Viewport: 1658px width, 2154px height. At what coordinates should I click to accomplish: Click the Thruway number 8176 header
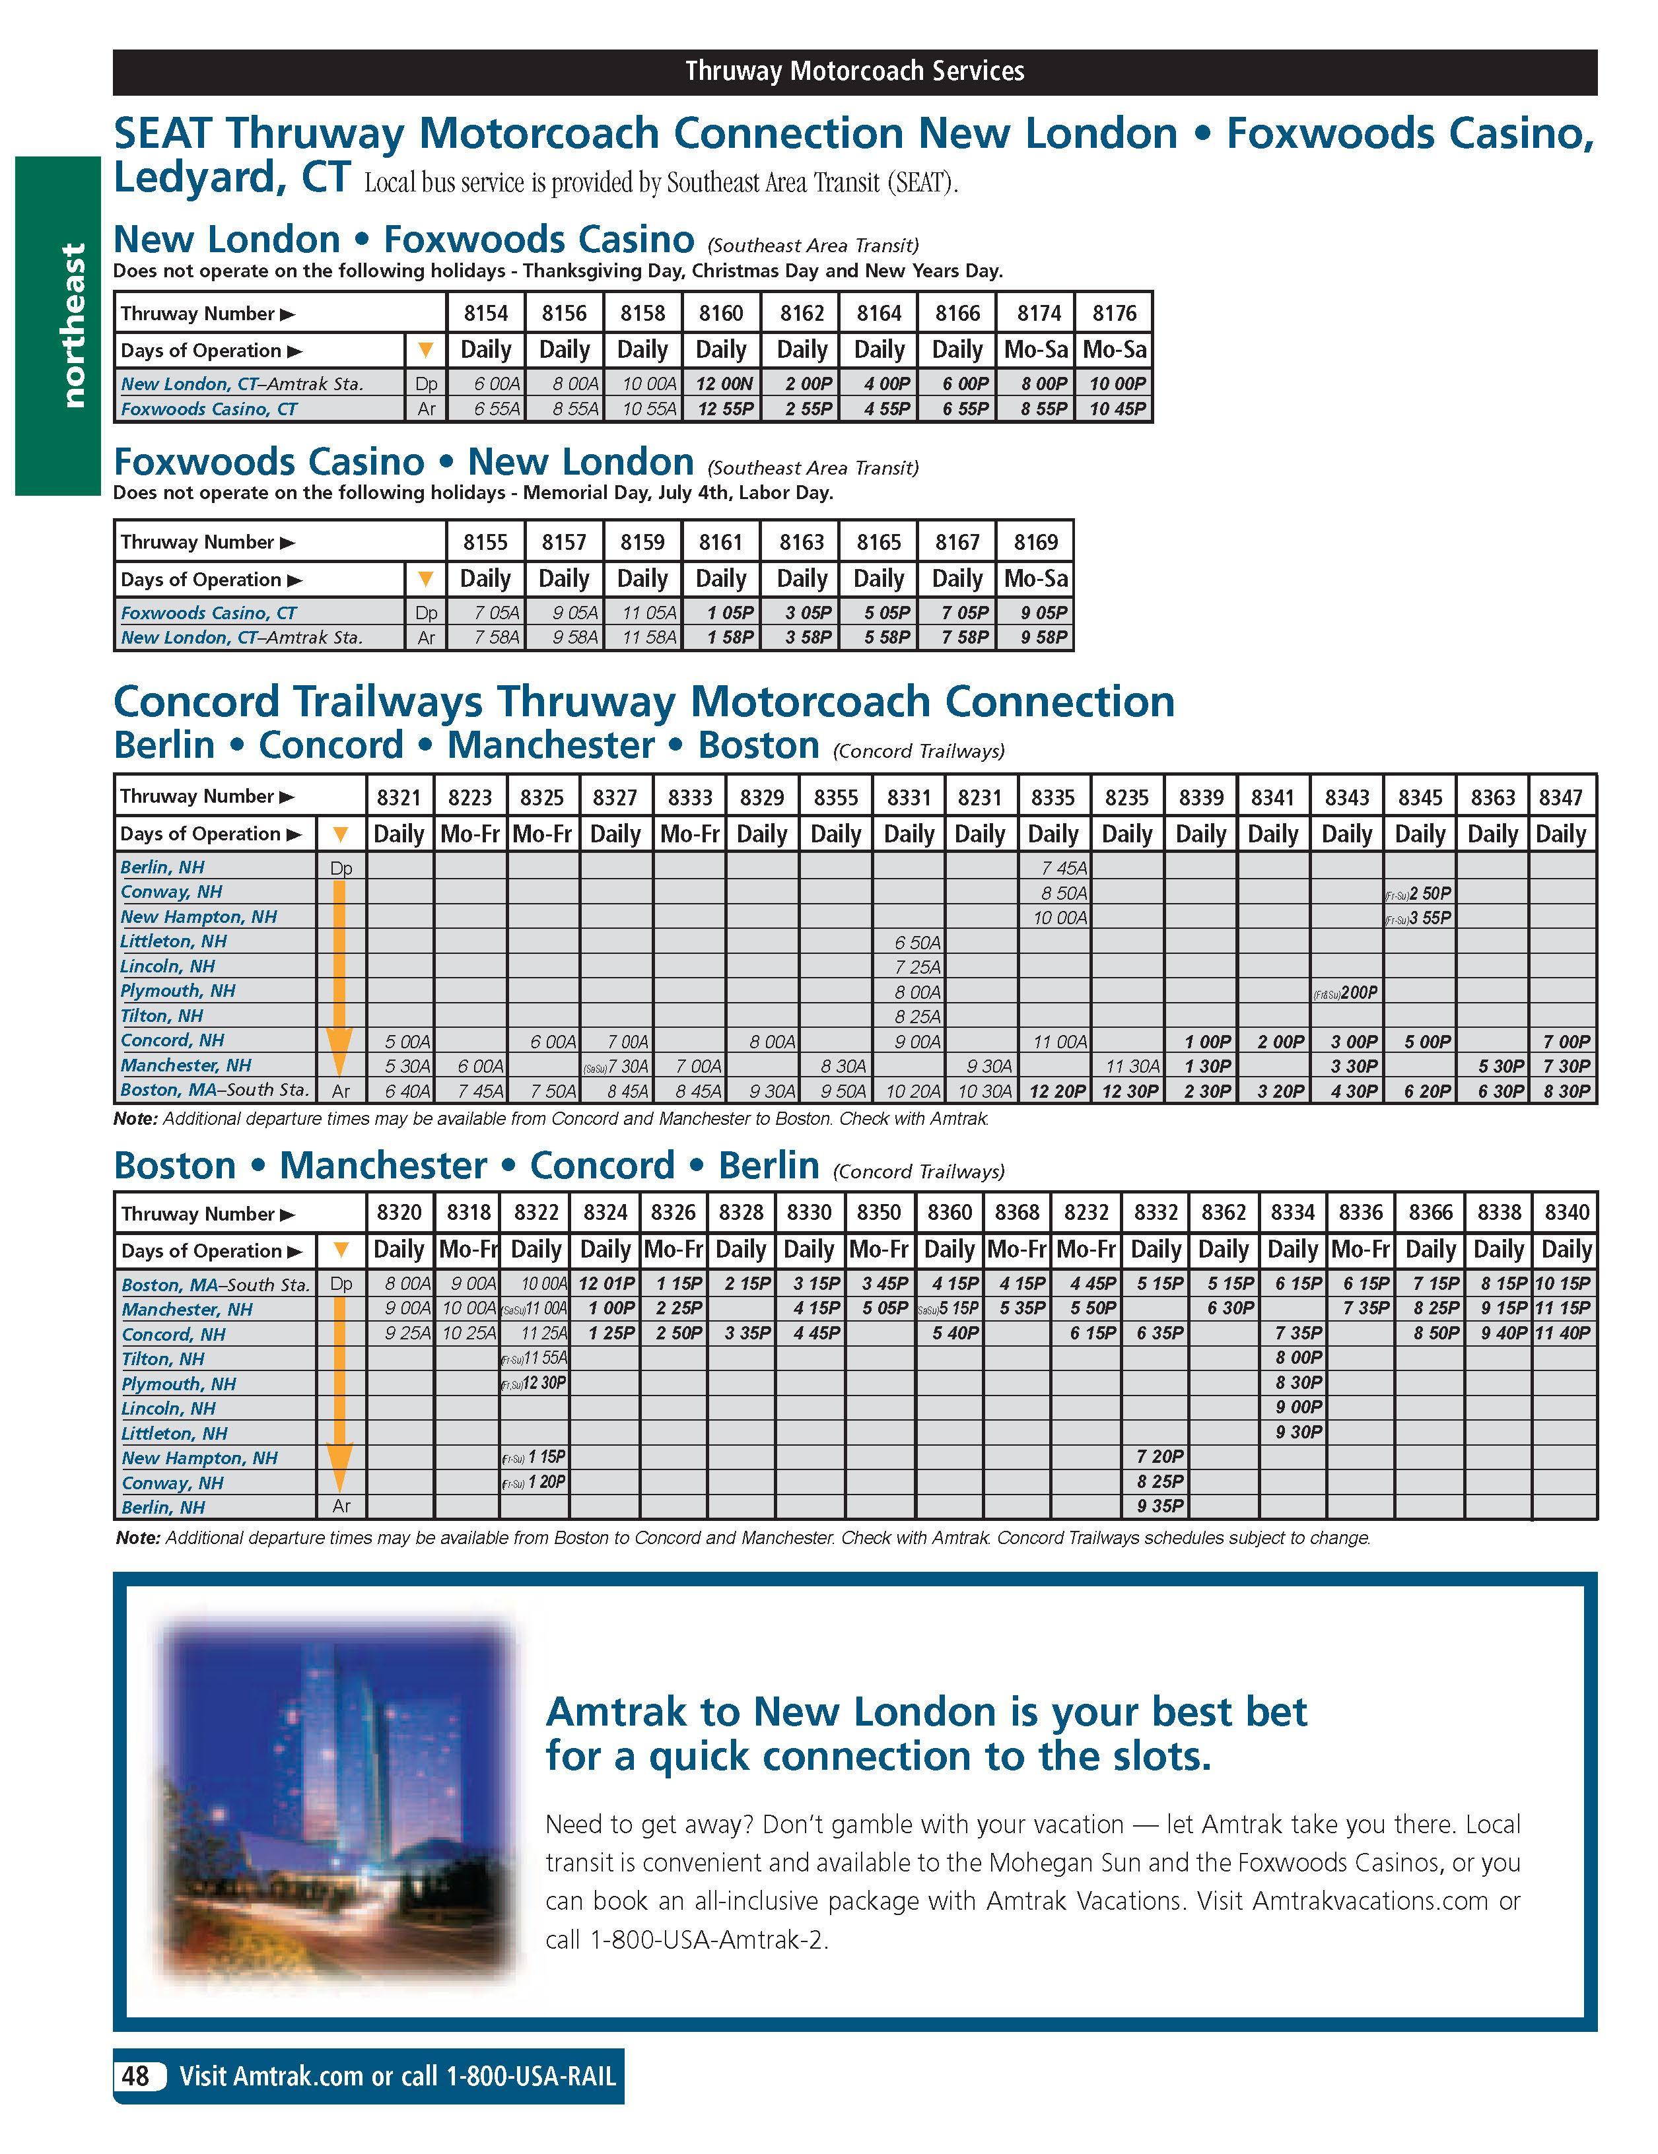pos(1113,314)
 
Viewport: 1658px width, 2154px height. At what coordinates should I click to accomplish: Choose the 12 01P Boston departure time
pos(605,1283)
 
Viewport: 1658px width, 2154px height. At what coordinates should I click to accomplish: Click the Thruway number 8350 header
pos(878,1212)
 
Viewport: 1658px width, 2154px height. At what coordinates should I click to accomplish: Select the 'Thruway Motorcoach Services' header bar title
pos(854,72)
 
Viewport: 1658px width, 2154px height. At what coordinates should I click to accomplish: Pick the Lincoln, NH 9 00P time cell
pos(1298,1407)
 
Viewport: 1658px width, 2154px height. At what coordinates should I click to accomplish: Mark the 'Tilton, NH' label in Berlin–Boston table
pos(162,1016)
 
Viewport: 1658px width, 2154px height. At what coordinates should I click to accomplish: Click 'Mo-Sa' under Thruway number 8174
pos(1035,350)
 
